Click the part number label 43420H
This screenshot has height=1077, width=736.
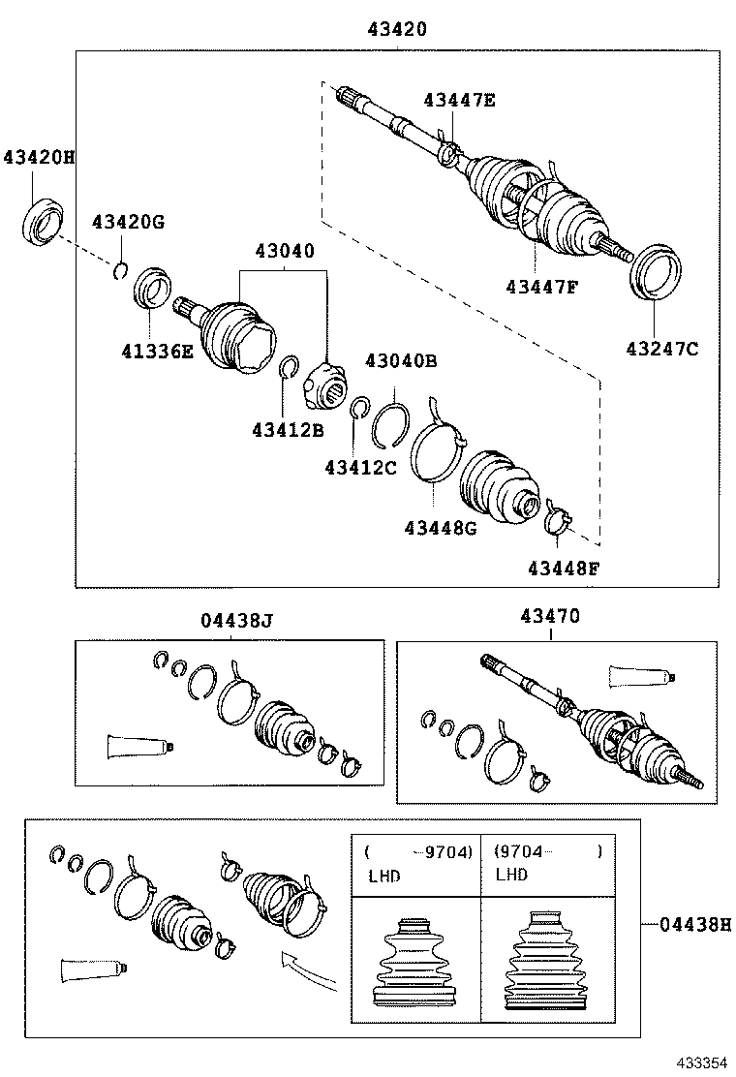(x=38, y=156)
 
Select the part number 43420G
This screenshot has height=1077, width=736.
(x=128, y=222)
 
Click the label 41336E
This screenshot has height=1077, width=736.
(x=156, y=351)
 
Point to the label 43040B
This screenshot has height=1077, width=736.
(x=400, y=361)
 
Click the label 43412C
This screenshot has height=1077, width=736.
(x=360, y=467)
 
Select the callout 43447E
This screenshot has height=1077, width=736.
(x=458, y=99)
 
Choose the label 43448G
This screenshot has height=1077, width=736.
(x=441, y=527)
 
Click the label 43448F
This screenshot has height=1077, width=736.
(x=564, y=568)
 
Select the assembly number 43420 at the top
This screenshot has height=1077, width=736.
(x=397, y=30)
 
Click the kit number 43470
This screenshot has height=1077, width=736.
(x=550, y=615)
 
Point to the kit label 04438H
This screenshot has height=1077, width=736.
(x=694, y=925)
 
